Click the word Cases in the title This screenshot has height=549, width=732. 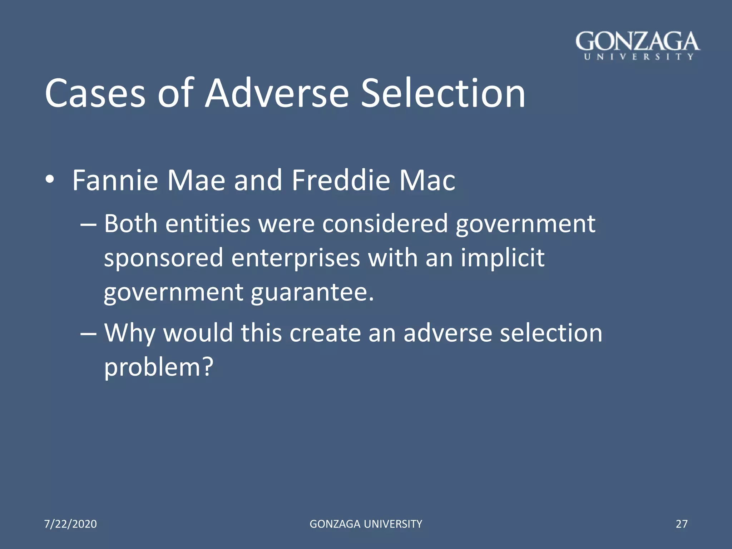[95, 94]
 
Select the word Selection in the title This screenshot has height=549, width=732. [443, 94]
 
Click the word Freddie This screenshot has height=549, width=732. [341, 180]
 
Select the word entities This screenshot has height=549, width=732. [208, 224]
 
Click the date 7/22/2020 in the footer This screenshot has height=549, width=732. [70, 524]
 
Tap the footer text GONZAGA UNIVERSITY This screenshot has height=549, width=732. [366, 524]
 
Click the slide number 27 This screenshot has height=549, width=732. [681, 524]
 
